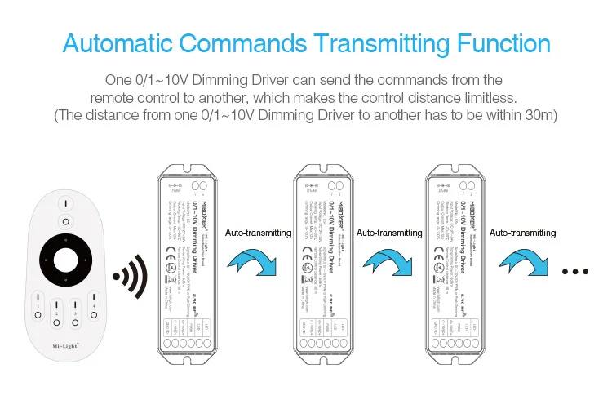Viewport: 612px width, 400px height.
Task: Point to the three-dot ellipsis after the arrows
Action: tap(576, 272)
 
